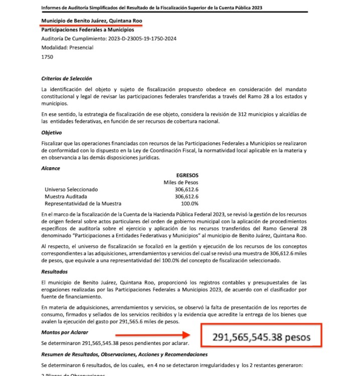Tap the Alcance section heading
51,168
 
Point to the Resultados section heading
55,271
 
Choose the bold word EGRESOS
187,175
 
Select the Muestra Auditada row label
67,197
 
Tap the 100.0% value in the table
190,204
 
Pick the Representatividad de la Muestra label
83,204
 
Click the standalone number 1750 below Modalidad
47,57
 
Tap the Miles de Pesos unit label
181,182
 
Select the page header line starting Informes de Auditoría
151,8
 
